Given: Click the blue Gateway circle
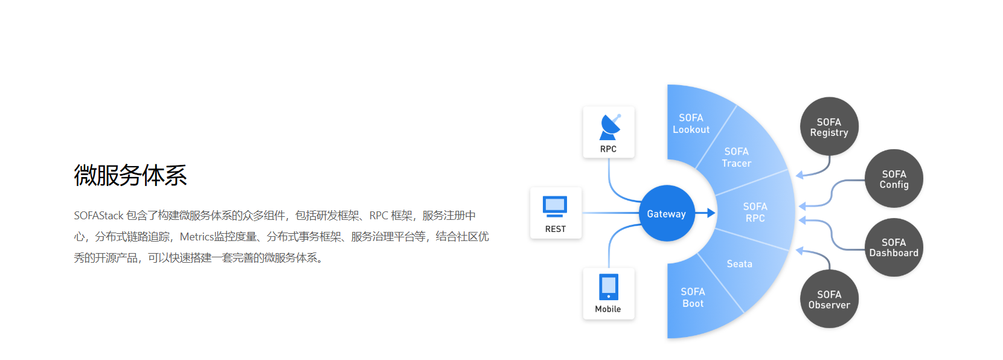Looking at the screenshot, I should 667,213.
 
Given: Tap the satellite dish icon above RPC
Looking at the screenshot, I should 609,127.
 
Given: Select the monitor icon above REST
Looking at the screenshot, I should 555,206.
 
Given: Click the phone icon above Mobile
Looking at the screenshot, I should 608,287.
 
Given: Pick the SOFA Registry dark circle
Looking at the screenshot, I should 829,127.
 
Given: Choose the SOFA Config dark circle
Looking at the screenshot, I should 894,179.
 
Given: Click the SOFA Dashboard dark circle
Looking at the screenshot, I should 894,248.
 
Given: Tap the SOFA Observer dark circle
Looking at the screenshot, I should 829,299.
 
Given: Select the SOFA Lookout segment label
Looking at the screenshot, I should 691,124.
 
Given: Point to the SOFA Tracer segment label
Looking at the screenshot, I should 737,158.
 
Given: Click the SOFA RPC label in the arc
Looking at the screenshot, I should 755,213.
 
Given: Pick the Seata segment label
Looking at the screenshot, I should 739,264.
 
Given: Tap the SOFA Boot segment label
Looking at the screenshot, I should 693,298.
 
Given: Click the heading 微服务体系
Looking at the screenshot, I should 130,175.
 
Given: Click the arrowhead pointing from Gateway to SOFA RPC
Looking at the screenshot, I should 711,213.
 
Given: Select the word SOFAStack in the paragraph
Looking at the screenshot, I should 98,216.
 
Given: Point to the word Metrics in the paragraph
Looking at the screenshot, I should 196,237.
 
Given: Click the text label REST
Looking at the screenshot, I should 556,229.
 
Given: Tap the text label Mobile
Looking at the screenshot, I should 607,309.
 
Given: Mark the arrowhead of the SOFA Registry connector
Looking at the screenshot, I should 799,175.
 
